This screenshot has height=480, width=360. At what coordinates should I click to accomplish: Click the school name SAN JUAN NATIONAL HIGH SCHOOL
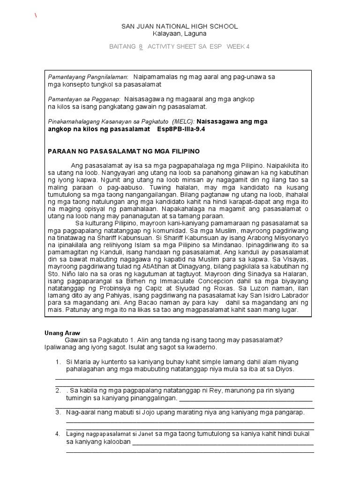point(180,26)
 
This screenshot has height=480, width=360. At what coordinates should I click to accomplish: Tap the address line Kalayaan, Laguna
point(180,34)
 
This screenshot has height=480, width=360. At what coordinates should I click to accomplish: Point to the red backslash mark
point(35,15)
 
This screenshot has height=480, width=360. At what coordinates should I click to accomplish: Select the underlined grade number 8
point(140,46)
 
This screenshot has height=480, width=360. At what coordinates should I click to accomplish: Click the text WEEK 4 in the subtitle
point(238,46)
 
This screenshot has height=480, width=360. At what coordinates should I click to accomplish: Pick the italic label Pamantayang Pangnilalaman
point(88,76)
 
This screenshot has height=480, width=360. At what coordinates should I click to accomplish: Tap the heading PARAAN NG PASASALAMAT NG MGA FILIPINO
point(124,151)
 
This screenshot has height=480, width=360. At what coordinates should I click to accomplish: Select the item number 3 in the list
point(58,412)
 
